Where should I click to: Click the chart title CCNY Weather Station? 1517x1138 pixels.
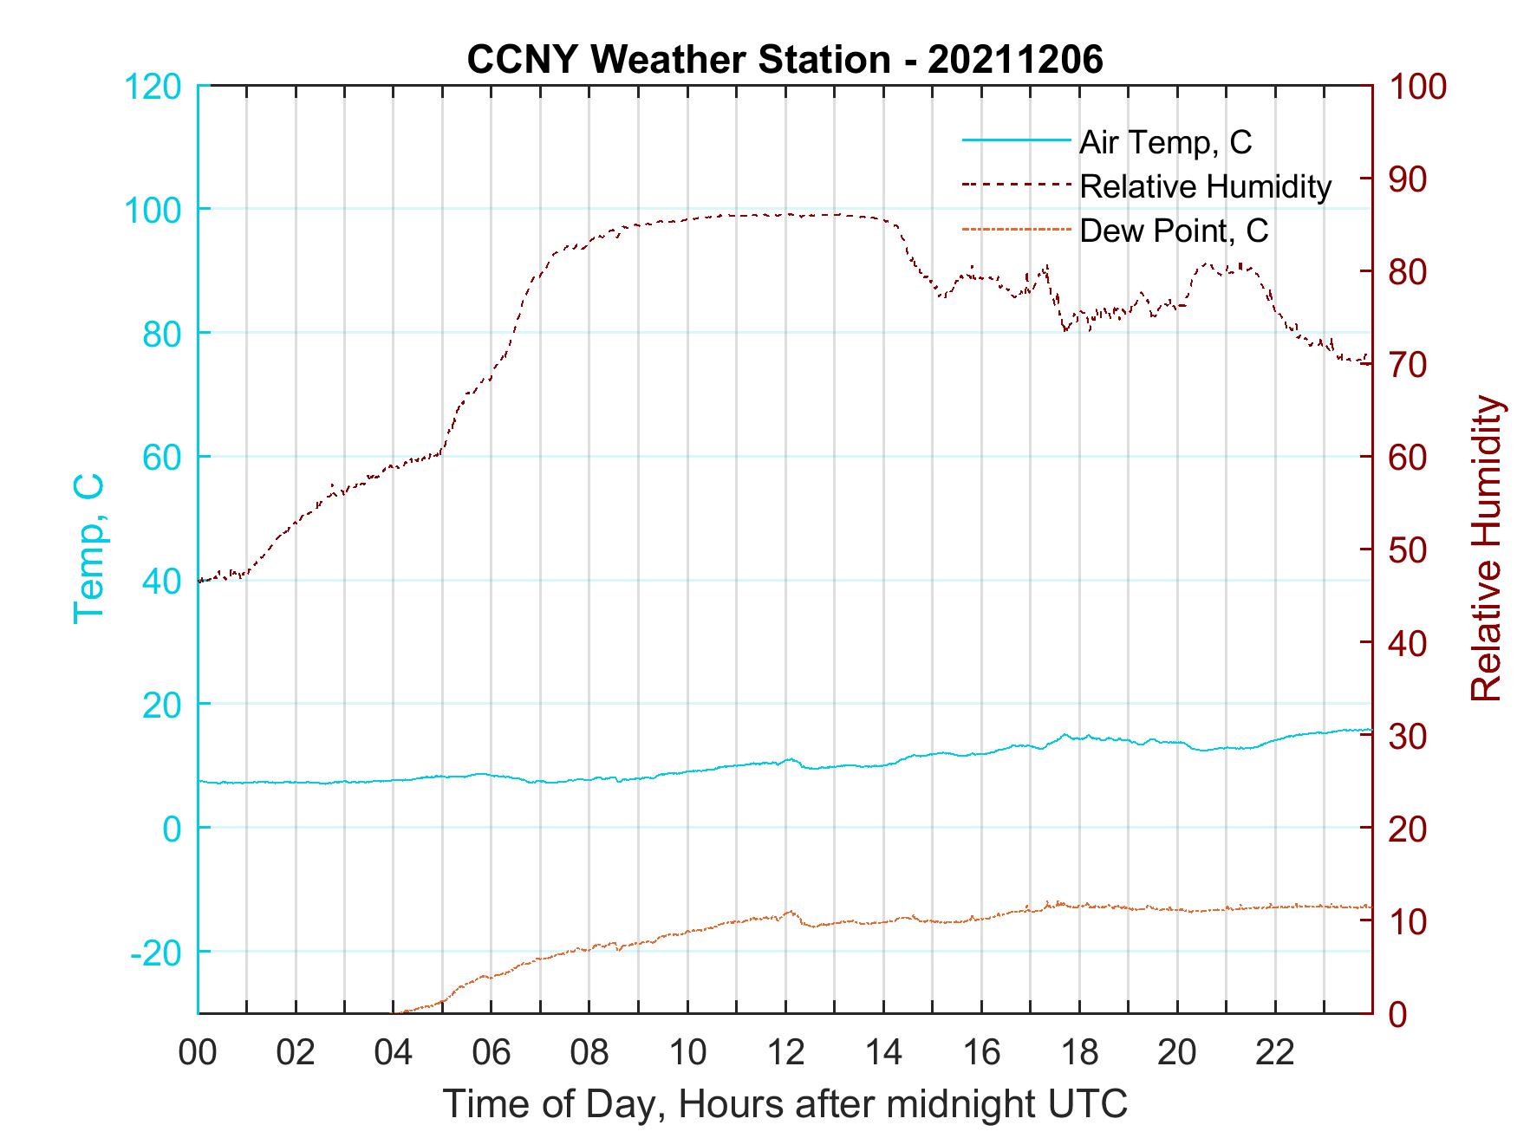785,60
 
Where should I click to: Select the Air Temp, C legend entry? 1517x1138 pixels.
1165,142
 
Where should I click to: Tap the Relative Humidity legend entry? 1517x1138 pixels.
1205,186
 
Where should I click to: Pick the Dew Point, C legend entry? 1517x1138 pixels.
1174,231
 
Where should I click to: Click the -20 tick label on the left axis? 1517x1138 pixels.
155,953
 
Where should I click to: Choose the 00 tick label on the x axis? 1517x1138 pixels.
198,1053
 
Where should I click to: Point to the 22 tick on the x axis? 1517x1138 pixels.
1275,1053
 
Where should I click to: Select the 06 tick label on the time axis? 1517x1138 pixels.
492,1053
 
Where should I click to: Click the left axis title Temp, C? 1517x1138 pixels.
89,548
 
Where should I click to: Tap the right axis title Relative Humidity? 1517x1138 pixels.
1486,548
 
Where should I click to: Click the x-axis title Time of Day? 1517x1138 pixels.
785,1103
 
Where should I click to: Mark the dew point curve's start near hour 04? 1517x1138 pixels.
395,1011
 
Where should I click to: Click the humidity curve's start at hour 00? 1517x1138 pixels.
200,581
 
